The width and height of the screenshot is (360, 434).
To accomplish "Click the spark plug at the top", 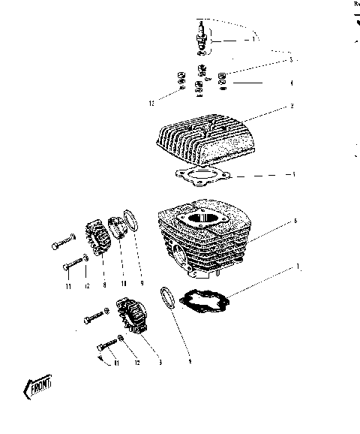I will click(201, 41).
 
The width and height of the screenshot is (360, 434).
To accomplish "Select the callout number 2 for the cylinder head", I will click(292, 106).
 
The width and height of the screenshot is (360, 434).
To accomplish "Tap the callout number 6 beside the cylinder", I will click(295, 221).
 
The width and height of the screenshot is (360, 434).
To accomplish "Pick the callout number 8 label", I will click(103, 285).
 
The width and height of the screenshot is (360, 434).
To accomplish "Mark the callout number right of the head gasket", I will click(293, 174).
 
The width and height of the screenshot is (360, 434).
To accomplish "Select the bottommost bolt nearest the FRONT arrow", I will click(108, 345).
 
